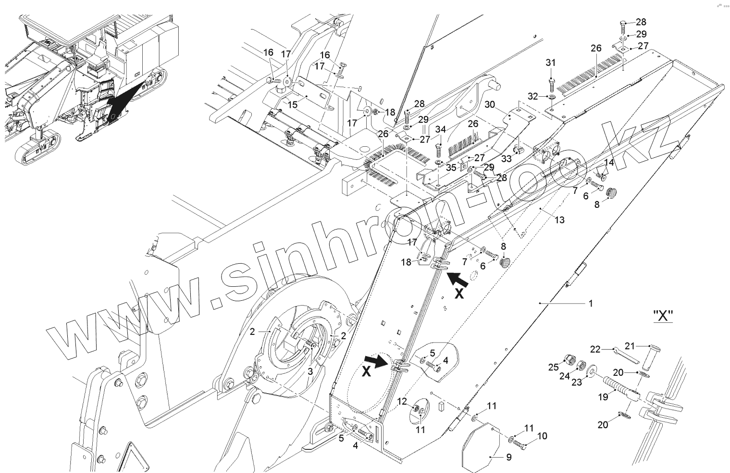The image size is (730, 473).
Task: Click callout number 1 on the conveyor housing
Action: click(x=591, y=304)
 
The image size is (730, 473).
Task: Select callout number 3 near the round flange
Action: click(x=310, y=371)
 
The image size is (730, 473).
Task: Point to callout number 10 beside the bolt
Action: click(x=542, y=436)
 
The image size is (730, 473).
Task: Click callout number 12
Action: click(x=402, y=401)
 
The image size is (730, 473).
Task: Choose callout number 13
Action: click(x=559, y=220)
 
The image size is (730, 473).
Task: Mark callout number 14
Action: click(x=608, y=163)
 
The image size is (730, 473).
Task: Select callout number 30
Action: click(x=489, y=104)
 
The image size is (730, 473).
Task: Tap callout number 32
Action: click(x=532, y=96)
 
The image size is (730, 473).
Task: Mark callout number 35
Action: click(x=451, y=167)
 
